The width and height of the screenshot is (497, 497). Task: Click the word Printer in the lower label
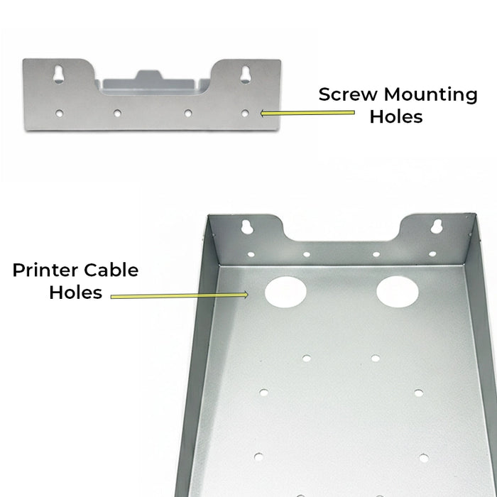tap(45, 271)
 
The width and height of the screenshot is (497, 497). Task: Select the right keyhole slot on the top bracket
tap(245, 74)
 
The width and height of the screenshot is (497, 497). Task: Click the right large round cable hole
tap(398, 291)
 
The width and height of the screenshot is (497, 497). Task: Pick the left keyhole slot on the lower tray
tap(248, 226)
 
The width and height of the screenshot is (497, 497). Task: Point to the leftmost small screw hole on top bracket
tap(60, 113)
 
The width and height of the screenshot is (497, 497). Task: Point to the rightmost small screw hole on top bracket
tap(245, 113)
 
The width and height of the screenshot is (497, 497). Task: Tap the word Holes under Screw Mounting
tap(396, 116)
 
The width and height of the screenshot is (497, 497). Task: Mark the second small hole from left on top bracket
tap(116, 113)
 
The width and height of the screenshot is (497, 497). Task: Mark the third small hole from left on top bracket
tap(188, 113)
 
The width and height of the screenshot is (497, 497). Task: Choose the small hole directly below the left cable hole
tap(306, 358)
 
